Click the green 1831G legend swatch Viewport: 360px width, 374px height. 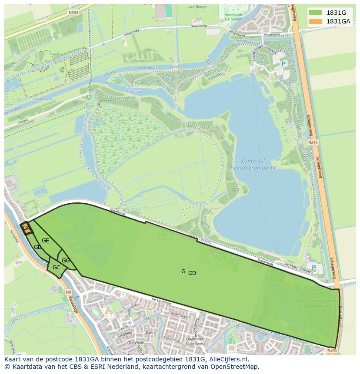click(x=316, y=13)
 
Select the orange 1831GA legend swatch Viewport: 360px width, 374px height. click(x=316, y=21)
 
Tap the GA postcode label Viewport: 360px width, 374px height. click(x=26, y=228)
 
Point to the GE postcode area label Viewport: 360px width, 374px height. click(x=45, y=241)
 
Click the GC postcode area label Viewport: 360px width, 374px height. click(x=56, y=268)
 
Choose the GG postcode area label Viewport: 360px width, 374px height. click(x=66, y=261)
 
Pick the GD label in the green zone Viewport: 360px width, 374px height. click(x=192, y=273)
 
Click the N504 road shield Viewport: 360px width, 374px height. click(x=73, y=13)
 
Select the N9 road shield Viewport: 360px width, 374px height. click(x=68, y=292)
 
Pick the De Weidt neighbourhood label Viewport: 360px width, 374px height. click(x=136, y=343)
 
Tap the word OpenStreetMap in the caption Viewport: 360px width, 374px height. click(x=235, y=367)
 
